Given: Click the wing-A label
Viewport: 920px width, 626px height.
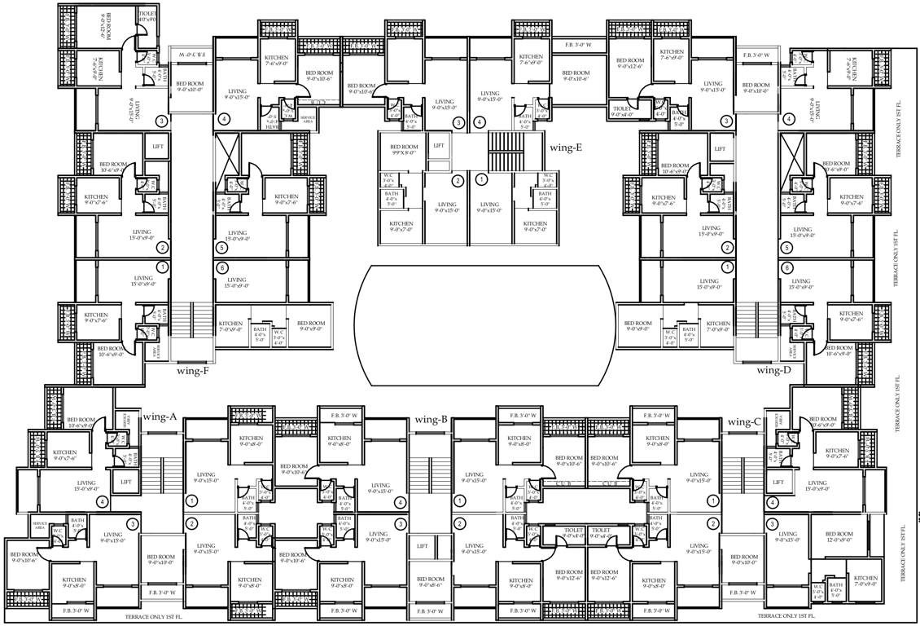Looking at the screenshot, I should click(x=160, y=417).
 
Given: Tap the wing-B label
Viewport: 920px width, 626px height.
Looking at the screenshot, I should click(x=431, y=420).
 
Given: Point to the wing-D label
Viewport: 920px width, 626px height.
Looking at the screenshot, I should click(x=773, y=369).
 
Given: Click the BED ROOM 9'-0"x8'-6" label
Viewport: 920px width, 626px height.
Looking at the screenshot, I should click(x=431, y=581).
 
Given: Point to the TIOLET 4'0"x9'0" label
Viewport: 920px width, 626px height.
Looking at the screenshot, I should click(x=148, y=17).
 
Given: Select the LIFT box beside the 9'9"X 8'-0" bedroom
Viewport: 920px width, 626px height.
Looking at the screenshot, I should click(x=439, y=145).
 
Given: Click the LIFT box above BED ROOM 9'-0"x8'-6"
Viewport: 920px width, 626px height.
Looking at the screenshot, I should click(x=422, y=546).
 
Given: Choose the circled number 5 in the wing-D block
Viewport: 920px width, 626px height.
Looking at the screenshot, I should click(x=786, y=248).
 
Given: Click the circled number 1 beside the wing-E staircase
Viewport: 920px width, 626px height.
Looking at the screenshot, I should click(x=481, y=179).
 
